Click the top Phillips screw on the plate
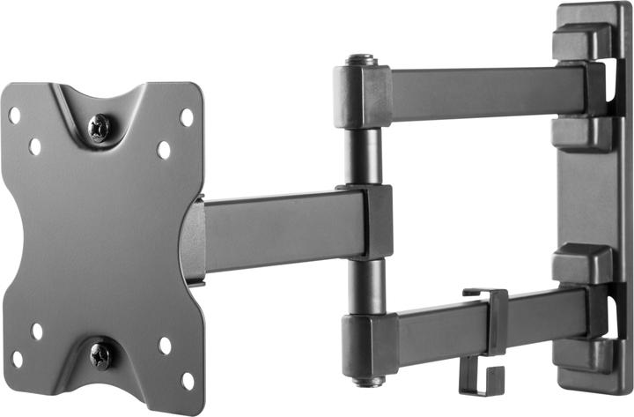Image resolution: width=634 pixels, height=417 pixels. pos(100,128)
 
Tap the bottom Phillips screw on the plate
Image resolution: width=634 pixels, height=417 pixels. pos(100,355)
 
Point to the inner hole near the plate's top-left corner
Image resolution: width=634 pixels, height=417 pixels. pos(34,145)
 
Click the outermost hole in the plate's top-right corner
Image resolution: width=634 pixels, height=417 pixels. pos(187,116)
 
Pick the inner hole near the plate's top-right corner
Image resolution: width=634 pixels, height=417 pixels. pos(164,150)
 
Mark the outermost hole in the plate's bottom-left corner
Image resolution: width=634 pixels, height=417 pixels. pos(17,359)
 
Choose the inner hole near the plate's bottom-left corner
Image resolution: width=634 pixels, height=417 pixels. pos(37,331)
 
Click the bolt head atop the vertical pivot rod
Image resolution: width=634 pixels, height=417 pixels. pos(361,60)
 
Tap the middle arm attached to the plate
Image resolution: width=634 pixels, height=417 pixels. pos(282,229)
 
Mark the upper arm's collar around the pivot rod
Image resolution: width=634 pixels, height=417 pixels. pos(362,97)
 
